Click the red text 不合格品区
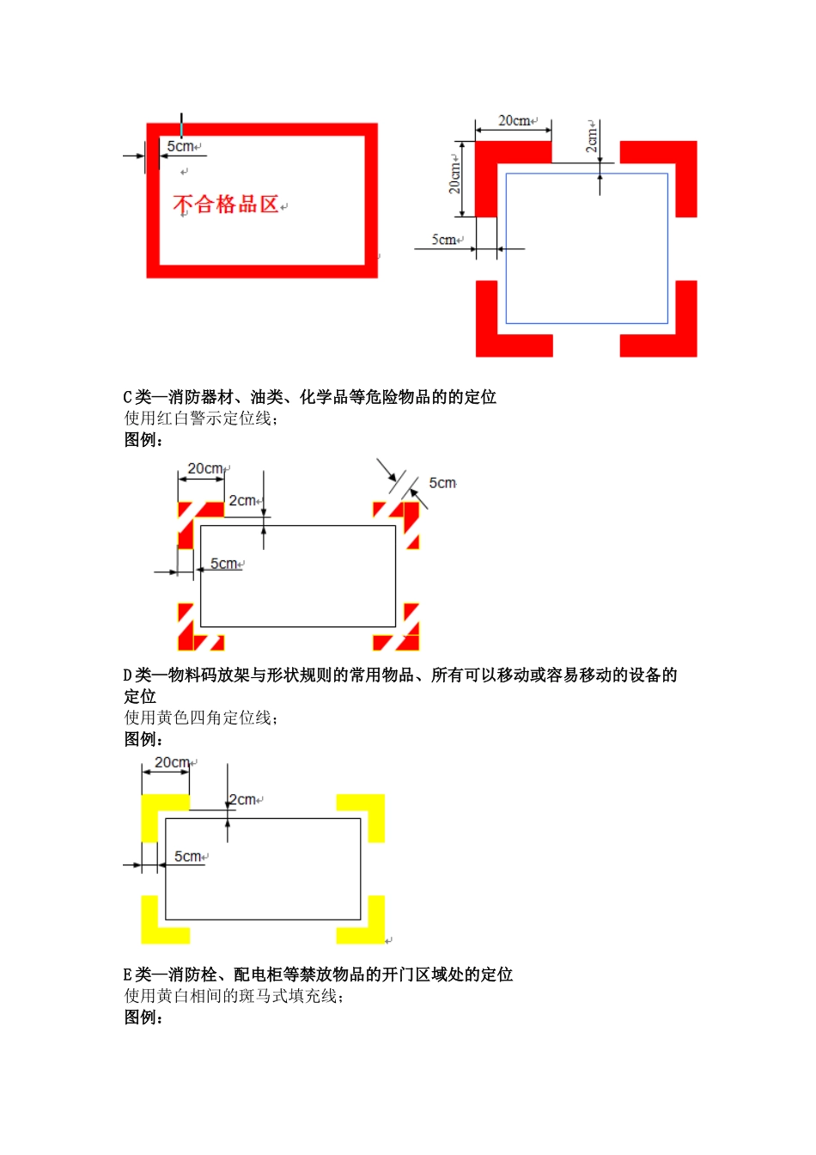click(x=226, y=205)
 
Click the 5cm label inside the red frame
click(x=180, y=147)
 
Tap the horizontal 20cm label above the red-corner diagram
click(x=515, y=121)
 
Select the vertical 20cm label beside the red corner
click(x=454, y=174)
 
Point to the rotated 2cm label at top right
click(x=591, y=137)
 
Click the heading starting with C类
click(x=310, y=397)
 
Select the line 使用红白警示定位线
click(x=201, y=419)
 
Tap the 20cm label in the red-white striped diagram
click(x=205, y=469)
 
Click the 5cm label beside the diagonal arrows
click(x=442, y=484)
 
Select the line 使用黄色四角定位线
click(x=201, y=718)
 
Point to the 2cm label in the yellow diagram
click(x=242, y=800)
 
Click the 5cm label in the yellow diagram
click(x=188, y=857)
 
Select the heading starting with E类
click(x=318, y=975)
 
